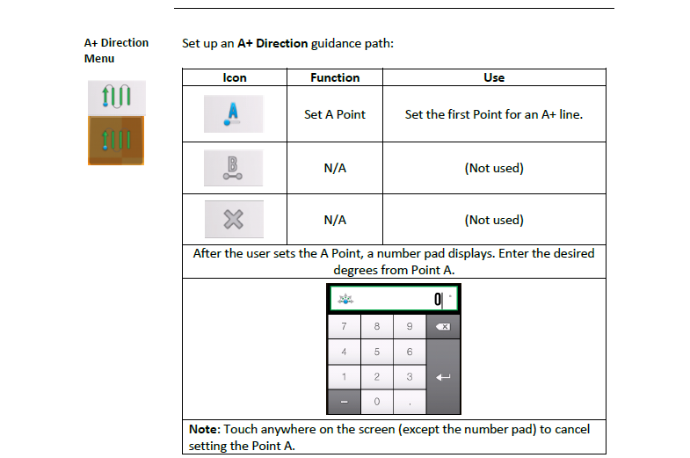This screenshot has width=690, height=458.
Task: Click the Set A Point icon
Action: pos(233,114)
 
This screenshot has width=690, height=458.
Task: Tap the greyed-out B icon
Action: pos(233,168)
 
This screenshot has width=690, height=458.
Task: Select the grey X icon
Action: pos(234,219)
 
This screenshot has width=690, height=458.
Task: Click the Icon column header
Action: pos(235,78)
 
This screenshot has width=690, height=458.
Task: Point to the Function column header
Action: pos(335,78)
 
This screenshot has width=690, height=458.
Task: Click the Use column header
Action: pos(494,78)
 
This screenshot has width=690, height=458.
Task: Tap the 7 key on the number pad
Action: pos(344,326)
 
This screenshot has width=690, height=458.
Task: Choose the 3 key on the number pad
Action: pos(410,376)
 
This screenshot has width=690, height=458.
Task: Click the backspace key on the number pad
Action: pos(443,326)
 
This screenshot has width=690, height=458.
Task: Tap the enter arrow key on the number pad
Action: pos(443,376)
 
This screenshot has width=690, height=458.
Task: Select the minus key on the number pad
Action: pos(344,402)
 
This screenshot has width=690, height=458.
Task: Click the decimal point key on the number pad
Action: pos(410,402)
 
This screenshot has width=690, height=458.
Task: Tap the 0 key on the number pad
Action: pos(377,402)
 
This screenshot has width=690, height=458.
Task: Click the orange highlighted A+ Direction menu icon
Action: pos(116,141)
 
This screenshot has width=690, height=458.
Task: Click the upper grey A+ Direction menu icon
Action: pos(117,98)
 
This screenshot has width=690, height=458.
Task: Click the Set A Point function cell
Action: pos(335,114)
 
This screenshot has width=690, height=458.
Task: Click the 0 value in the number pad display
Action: pos(438,300)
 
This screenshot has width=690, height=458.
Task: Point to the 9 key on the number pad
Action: pos(410,326)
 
